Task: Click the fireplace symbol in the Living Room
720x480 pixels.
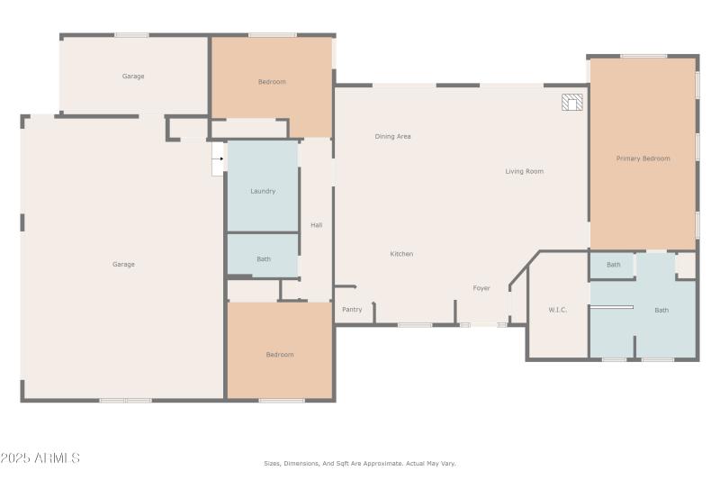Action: pyautogui.click(x=571, y=103)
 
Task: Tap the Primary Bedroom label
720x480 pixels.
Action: pyautogui.click(x=643, y=158)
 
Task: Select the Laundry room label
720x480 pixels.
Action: pyautogui.click(x=263, y=191)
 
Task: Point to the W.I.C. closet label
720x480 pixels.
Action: pyautogui.click(x=557, y=310)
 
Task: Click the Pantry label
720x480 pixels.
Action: pyautogui.click(x=352, y=310)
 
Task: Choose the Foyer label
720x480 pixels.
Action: pyautogui.click(x=481, y=288)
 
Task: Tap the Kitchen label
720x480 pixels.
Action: pyautogui.click(x=401, y=254)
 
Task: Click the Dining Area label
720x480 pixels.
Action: pyautogui.click(x=392, y=136)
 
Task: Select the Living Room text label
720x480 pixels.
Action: pyautogui.click(x=524, y=171)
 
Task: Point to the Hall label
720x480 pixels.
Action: pyautogui.click(x=316, y=225)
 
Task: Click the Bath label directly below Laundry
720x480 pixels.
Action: pyautogui.click(x=263, y=259)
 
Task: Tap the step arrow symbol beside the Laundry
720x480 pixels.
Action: pyautogui.click(x=217, y=159)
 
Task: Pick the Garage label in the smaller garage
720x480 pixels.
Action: pyautogui.click(x=133, y=77)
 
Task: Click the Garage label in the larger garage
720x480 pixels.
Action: pyautogui.click(x=123, y=265)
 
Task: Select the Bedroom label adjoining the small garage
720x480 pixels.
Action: pyautogui.click(x=272, y=82)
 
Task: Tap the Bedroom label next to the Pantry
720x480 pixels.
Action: pyautogui.click(x=279, y=355)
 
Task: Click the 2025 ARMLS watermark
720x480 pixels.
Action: pyautogui.click(x=40, y=458)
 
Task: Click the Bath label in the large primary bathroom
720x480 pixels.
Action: pyautogui.click(x=661, y=310)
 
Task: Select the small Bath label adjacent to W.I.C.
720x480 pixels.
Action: pyautogui.click(x=613, y=265)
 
